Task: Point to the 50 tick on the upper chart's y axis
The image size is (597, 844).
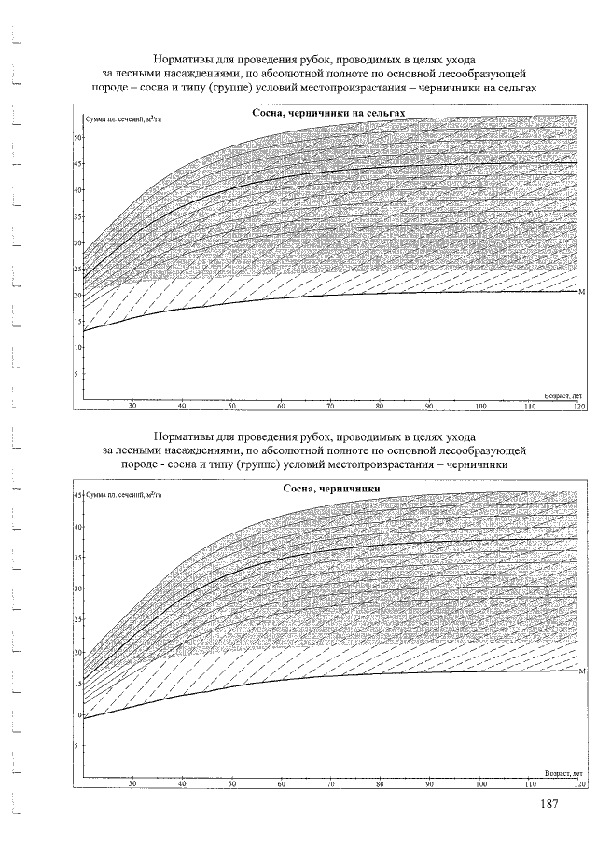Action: (78, 137)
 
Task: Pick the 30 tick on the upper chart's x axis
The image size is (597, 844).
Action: (132, 407)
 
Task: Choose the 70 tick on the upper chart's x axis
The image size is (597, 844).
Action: (330, 407)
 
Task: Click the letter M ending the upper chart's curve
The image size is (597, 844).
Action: (582, 293)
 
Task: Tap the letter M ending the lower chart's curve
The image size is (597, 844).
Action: (582, 671)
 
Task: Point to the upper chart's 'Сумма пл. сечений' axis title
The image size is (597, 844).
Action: (123, 121)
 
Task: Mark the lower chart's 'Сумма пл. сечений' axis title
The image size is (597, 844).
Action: (123, 496)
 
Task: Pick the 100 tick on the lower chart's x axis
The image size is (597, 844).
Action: (480, 784)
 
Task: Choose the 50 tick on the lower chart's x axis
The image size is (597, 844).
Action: (231, 784)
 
